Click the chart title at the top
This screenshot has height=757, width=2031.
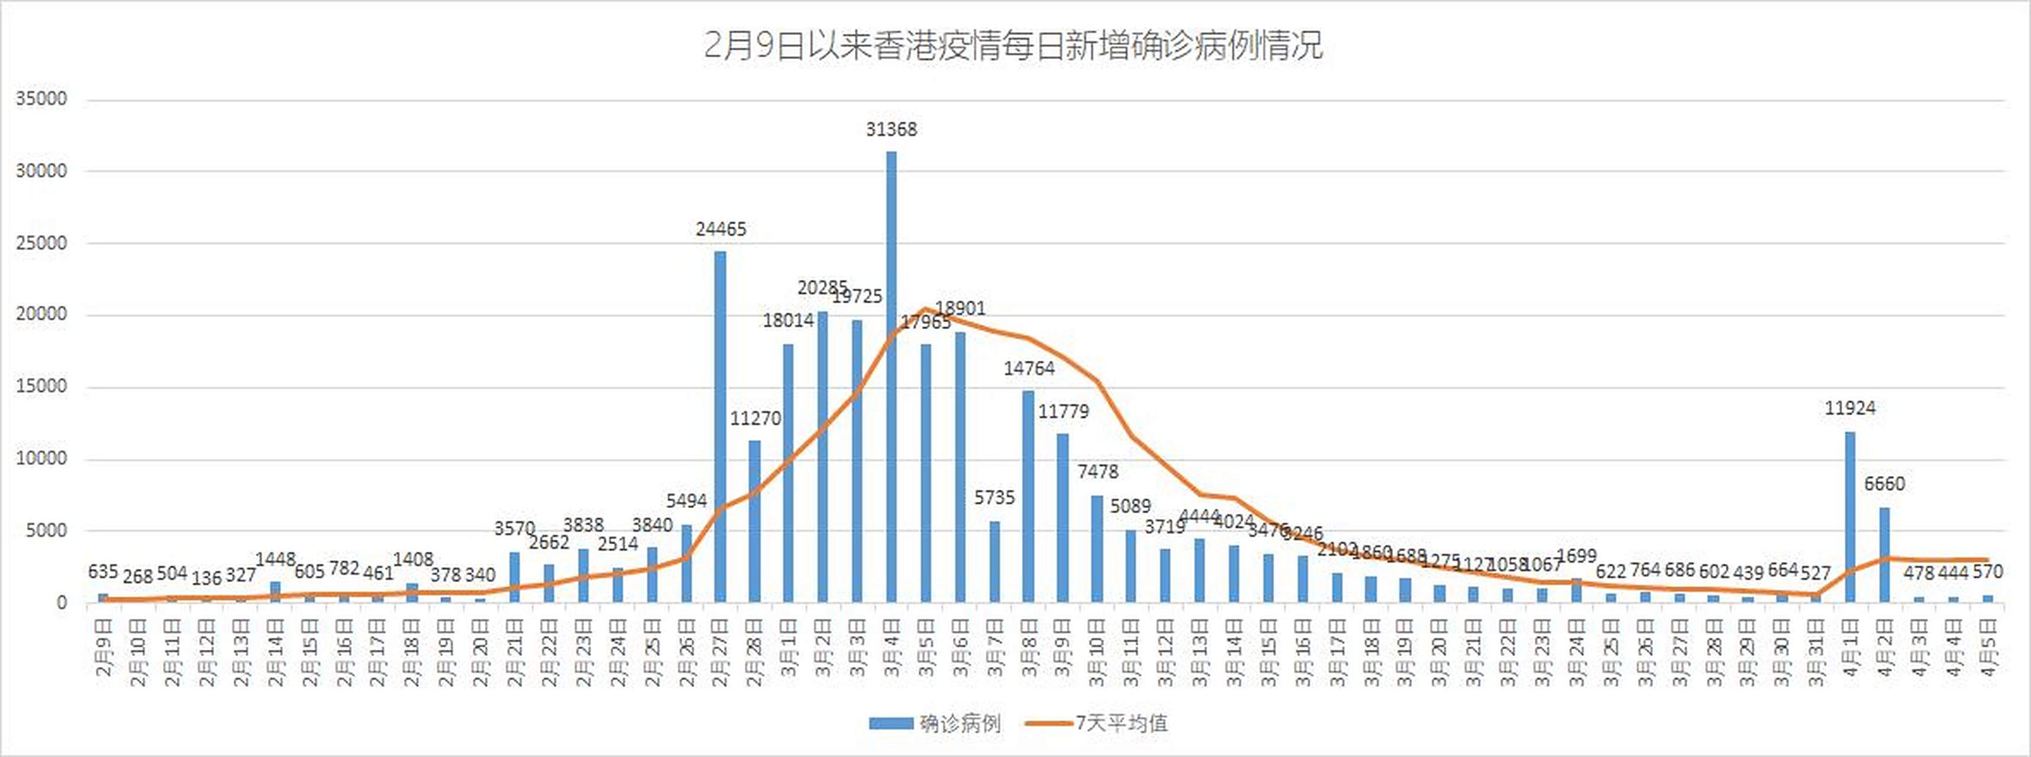coord(1013,45)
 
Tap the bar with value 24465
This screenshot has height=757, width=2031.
coord(721,426)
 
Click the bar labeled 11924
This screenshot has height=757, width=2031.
coord(1849,516)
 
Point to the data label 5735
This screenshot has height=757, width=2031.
coord(994,497)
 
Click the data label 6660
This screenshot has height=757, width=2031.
coord(1884,483)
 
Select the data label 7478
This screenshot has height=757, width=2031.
coord(1097,471)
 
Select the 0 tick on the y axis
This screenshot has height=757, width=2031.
coord(62,603)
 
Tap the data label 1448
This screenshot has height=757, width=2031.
coord(275,559)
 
